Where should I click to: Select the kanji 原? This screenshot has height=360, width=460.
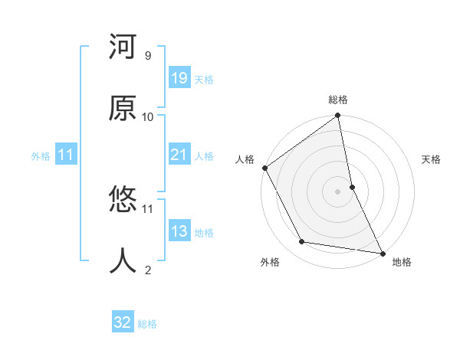pos(123,109)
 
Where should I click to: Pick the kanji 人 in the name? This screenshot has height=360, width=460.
pos(123,260)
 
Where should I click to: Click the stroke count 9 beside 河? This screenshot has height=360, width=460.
pos(147,56)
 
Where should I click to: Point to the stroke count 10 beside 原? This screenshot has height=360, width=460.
pos(148,116)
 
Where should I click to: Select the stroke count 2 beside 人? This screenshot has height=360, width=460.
pos(147,270)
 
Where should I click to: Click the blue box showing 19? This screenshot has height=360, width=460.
pos(179,78)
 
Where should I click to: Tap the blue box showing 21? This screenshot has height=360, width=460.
pos(179,155)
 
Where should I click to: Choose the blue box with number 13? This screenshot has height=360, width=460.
pos(179,231)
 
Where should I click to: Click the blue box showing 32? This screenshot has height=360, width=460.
pos(123,322)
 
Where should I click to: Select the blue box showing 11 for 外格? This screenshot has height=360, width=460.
pos(66,155)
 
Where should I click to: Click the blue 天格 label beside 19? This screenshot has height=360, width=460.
pos(204,80)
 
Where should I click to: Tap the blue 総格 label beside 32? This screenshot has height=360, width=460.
pos(147,324)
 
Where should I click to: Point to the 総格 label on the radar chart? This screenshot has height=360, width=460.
pos(338,100)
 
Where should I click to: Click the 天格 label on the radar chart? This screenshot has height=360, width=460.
pos(431,159)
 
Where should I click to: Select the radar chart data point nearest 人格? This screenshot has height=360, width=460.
pos(265,168)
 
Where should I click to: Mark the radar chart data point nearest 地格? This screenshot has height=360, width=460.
pos(382,252)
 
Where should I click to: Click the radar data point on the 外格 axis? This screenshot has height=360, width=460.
pos(302,242)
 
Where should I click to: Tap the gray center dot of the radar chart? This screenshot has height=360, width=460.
pos(338,191)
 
